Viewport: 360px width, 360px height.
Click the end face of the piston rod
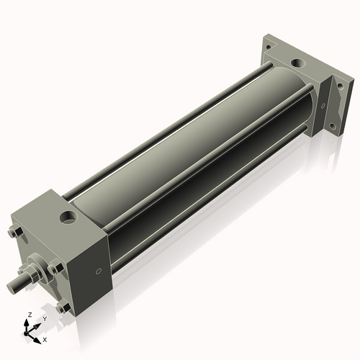[x=13, y=286]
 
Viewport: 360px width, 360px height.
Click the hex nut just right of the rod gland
[x=55, y=267]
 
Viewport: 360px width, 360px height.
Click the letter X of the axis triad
[x=45, y=338]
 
